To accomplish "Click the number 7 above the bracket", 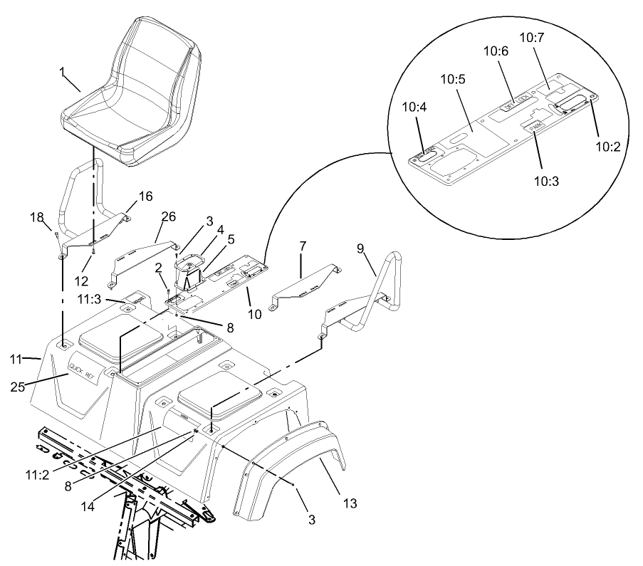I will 303,246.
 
